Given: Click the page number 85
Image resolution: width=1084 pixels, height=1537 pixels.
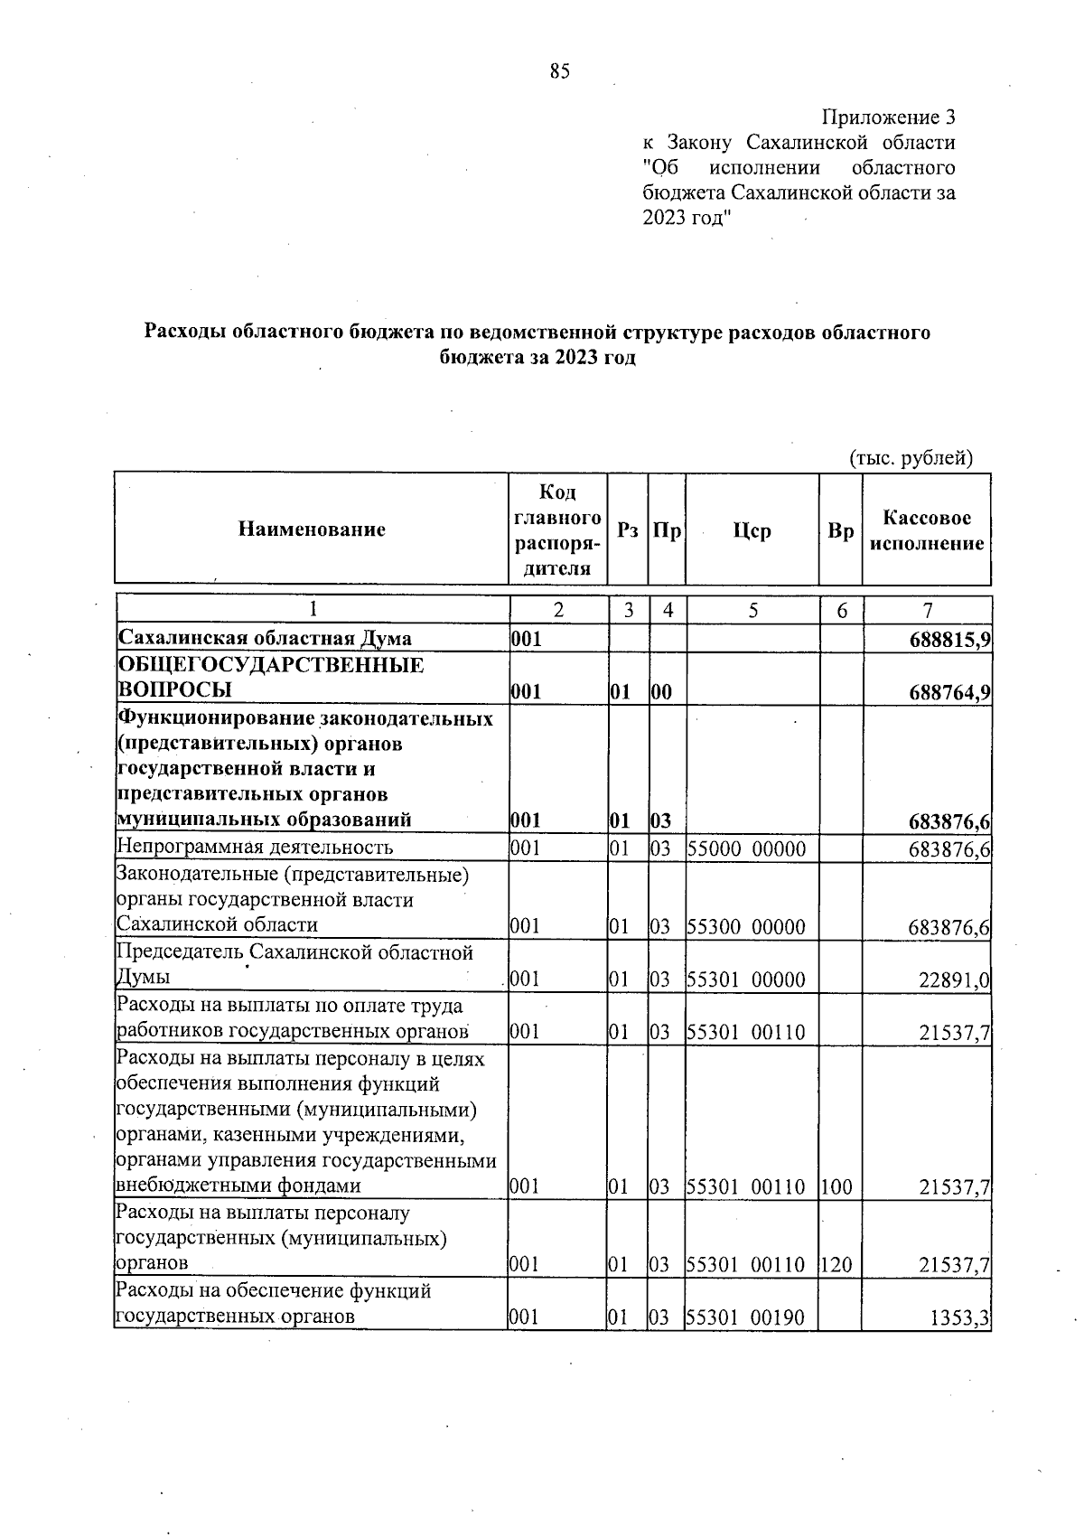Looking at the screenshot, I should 559,72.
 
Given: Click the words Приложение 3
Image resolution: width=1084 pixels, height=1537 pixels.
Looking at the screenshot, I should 888,117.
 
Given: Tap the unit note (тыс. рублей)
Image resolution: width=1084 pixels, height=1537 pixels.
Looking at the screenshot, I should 911,457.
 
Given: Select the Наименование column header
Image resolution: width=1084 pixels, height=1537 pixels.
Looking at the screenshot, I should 312,530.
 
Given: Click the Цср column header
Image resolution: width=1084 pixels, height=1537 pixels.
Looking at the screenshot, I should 752,530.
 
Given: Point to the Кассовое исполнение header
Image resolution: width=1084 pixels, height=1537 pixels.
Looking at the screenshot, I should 927,530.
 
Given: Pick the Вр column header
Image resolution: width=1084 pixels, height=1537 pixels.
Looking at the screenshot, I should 840,531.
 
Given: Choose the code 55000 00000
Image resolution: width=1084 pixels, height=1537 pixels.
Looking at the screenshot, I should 746,848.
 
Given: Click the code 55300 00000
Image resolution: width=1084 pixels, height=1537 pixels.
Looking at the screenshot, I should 746,927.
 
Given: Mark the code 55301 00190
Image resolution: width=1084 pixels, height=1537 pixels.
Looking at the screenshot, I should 746,1317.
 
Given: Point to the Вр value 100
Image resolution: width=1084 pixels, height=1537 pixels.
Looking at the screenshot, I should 837,1187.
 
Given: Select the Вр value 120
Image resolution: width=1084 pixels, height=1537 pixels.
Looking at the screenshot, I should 837,1265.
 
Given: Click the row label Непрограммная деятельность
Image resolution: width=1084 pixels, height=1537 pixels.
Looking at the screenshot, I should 255,848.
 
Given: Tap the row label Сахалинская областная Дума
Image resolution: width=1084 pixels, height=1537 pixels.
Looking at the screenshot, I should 265,639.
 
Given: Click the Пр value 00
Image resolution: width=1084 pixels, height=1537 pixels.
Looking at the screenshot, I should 661,692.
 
